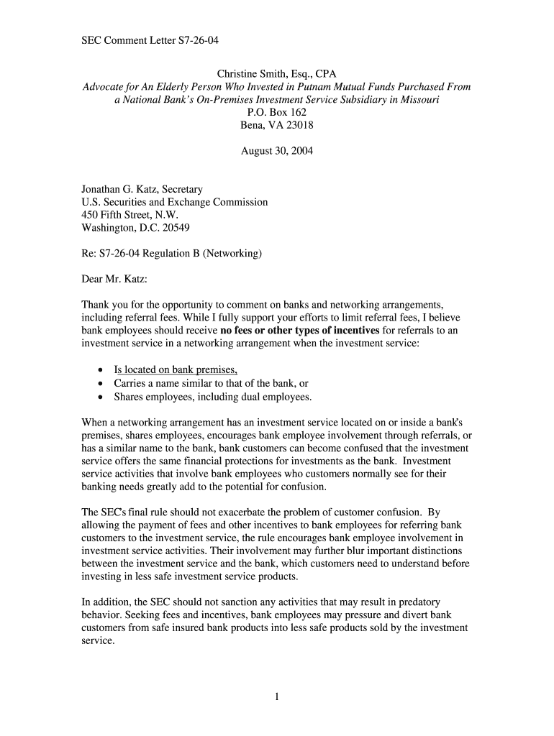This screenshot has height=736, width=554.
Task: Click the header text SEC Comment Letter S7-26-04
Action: (150, 41)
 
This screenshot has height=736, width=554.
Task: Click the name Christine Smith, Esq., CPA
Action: (277, 73)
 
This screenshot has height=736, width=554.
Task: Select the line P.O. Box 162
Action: (277, 112)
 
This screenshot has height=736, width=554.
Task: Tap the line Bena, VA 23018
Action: (277, 125)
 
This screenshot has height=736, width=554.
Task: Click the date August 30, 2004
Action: (277, 151)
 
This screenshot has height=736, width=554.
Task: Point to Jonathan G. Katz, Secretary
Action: (142, 190)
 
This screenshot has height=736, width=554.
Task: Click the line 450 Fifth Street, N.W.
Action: (130, 216)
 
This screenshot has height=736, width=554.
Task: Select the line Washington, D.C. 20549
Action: (136, 229)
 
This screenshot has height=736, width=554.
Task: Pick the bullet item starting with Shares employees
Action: (212, 396)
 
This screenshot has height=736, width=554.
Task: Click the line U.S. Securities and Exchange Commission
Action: (174, 203)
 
